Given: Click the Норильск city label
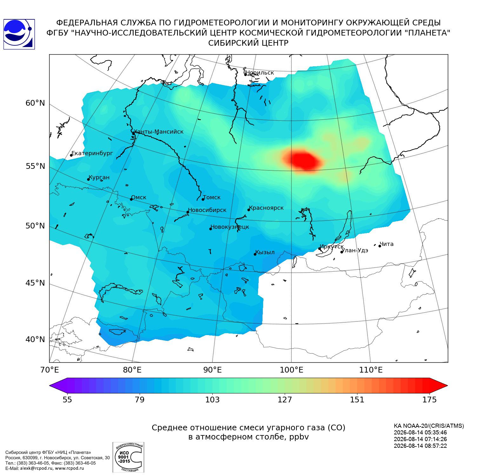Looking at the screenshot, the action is [x=260, y=73].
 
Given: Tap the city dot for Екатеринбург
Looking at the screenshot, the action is [x=71, y=155].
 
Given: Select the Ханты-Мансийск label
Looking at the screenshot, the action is [x=159, y=132].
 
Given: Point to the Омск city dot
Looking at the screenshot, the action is [x=131, y=199].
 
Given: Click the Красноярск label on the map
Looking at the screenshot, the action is [x=266, y=208].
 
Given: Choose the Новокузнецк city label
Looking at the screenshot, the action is [x=230, y=227].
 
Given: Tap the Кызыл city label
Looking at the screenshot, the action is [x=265, y=252].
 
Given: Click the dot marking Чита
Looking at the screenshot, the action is [x=380, y=246].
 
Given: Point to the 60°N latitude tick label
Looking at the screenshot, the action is [x=35, y=103].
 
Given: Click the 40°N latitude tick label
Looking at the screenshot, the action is [x=35, y=340].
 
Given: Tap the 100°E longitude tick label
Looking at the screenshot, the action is [x=291, y=370].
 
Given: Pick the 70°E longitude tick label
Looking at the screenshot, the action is [x=50, y=370].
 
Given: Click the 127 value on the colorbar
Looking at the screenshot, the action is [x=285, y=400].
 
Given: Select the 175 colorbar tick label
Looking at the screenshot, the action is [x=429, y=400].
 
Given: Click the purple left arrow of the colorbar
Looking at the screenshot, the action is [x=59, y=386].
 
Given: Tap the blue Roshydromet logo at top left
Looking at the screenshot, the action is [x=19, y=34].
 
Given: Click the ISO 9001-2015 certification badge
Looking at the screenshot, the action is [x=129, y=457].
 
